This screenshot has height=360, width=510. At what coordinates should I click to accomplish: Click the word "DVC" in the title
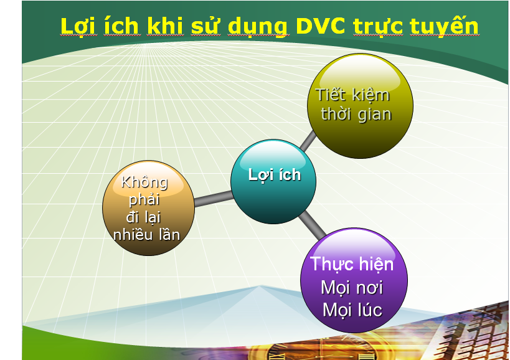click(x=320, y=26)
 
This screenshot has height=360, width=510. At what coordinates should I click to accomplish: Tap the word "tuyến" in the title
click(x=444, y=26)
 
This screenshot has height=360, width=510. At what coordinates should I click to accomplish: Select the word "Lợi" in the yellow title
click(x=78, y=27)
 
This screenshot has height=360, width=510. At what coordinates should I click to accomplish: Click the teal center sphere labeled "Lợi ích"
click(x=273, y=181)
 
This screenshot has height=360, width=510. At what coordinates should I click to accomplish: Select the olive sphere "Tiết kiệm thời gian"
click(x=360, y=106)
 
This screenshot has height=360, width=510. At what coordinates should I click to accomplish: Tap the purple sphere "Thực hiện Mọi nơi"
click(x=354, y=280)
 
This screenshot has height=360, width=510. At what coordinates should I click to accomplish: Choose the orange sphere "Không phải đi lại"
click(x=149, y=208)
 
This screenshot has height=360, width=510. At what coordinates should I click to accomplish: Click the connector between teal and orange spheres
click(x=214, y=199)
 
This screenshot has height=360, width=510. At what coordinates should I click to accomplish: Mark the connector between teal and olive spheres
click(x=308, y=141)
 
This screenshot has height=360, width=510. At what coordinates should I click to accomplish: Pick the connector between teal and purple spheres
click(x=312, y=225)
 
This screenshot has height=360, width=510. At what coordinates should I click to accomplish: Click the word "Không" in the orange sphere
click(x=144, y=182)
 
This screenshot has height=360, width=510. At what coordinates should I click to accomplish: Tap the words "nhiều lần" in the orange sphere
click(x=147, y=235)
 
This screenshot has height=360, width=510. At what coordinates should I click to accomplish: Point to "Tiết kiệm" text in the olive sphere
click(x=352, y=95)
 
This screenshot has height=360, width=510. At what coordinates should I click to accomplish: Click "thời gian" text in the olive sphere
click(x=356, y=114)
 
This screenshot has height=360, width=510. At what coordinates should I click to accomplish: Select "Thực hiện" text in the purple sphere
click(x=352, y=263)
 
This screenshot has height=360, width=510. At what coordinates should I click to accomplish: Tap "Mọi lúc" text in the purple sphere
click(x=352, y=310)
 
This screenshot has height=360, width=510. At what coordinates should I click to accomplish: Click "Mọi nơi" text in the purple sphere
click(x=352, y=288)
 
